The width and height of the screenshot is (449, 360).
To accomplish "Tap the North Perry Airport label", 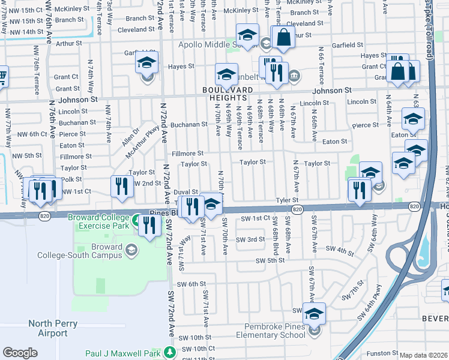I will click(48, 328).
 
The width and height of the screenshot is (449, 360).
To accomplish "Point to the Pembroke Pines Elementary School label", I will click(274, 331).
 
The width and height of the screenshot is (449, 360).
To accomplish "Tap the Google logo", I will click(20, 353).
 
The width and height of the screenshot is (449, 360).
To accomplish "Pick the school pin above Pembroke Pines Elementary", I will click(314, 313).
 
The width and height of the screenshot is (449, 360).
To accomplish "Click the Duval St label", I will click(185, 191).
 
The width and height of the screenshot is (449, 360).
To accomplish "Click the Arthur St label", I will click(68, 43).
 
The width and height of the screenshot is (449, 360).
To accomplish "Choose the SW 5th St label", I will click(270, 260).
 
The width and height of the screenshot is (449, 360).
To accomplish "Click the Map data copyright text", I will click(424, 355).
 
